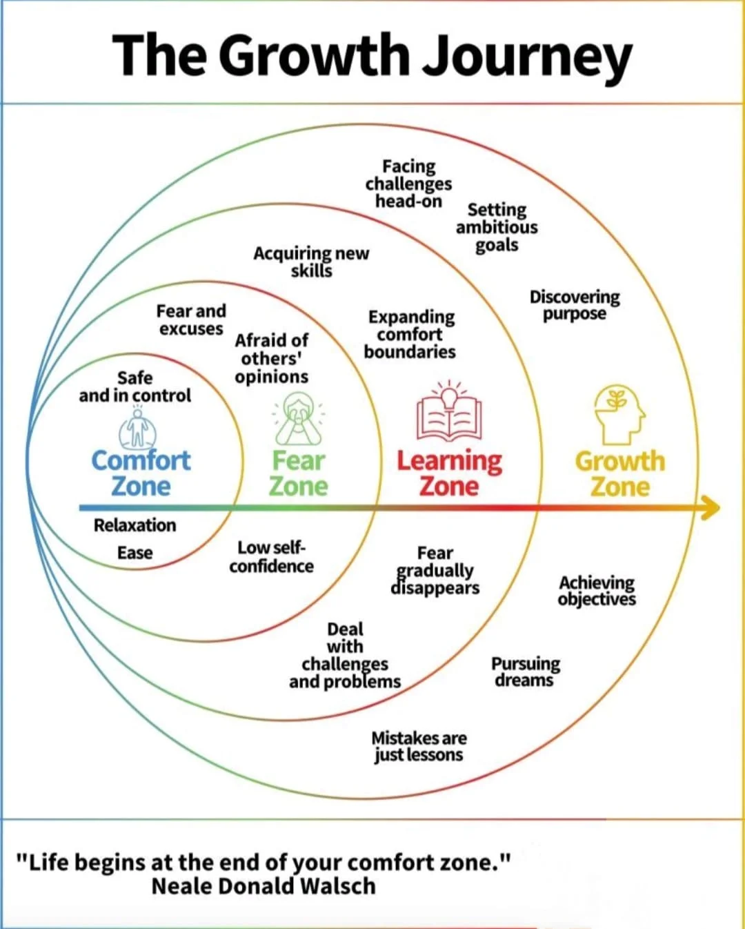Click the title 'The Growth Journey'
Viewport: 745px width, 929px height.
point(372,55)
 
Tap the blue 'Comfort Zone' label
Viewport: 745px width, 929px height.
point(141,473)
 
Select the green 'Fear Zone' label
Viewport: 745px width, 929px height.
point(298,473)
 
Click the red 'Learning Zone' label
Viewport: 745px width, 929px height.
point(449,473)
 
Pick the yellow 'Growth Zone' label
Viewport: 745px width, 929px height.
point(620,473)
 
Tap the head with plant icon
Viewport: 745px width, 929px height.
point(619,414)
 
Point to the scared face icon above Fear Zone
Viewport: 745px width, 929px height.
point(298,418)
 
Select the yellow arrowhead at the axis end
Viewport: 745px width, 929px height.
point(711,508)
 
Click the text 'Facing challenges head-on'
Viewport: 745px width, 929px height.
point(408,184)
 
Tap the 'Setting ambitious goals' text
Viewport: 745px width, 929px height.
point(497,227)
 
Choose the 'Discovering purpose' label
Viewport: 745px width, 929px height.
point(575,305)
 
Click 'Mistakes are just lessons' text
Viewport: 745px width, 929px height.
point(419,746)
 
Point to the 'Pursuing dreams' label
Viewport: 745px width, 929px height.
point(525,672)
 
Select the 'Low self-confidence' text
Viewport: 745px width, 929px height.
point(271,557)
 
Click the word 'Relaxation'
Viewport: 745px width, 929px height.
point(135,525)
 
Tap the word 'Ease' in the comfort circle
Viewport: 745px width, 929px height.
point(135,553)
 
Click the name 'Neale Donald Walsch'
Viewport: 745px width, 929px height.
point(264,886)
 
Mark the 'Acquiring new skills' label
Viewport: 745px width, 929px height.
point(311,262)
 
